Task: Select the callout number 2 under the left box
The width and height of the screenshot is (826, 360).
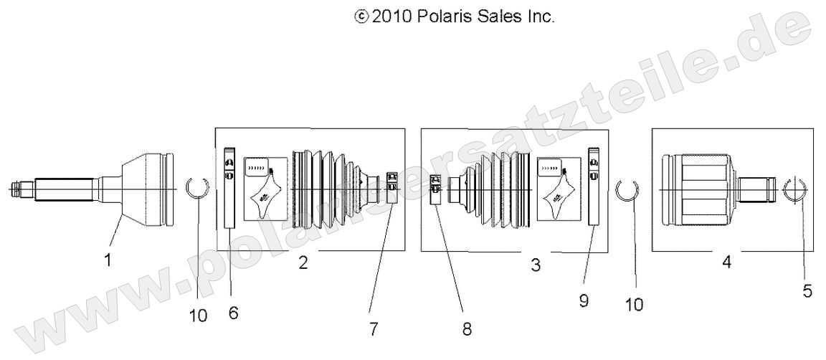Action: tap(303, 262)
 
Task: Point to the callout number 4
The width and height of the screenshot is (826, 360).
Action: tap(727, 262)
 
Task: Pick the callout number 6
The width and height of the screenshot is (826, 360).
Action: tap(233, 313)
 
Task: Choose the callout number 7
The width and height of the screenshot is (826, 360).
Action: tap(374, 329)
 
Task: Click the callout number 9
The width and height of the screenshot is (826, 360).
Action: tap(584, 300)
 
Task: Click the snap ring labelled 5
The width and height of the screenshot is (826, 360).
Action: tap(795, 190)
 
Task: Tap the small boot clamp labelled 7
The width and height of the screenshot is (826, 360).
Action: tap(392, 181)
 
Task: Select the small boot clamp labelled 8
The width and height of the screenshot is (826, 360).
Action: tap(435, 189)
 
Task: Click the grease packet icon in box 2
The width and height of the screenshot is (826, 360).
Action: tap(265, 189)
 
